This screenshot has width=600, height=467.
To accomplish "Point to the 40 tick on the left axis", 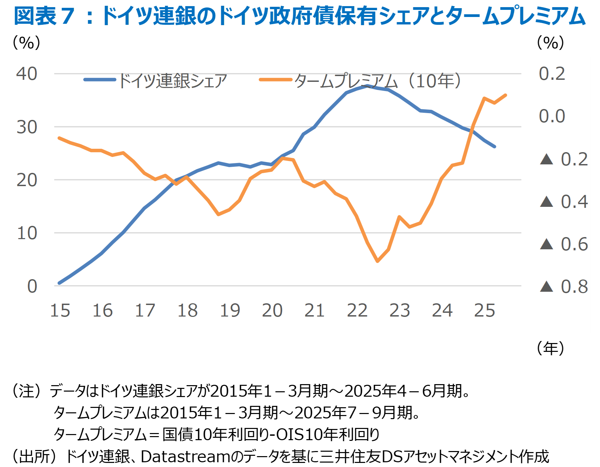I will click(27, 74).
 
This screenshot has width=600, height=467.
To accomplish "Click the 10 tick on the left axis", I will click(27, 233).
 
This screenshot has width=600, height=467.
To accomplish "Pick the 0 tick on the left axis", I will click(32, 286).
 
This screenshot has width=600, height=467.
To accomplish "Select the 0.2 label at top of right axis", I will click(552, 74).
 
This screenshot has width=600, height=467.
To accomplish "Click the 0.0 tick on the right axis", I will click(552, 116).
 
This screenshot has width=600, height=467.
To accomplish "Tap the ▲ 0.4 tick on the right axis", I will click(564, 202).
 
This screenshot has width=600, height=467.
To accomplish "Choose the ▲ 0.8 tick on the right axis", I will click(564, 287).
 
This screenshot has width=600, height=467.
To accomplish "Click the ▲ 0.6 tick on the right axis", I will click(564, 244).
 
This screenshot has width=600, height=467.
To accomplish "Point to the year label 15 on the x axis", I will click(60, 310).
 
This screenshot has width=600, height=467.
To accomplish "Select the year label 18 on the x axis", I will click(187, 310).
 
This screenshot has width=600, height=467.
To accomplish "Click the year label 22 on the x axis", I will click(357, 310).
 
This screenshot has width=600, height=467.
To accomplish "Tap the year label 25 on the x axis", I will click(485, 310).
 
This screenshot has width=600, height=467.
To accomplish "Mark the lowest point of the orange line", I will click(377, 261).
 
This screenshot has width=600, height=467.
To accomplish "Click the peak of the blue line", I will click(367, 86).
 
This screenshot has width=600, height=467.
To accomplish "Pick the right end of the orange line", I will click(505, 95).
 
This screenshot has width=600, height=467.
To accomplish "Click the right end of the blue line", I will click(495, 147).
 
